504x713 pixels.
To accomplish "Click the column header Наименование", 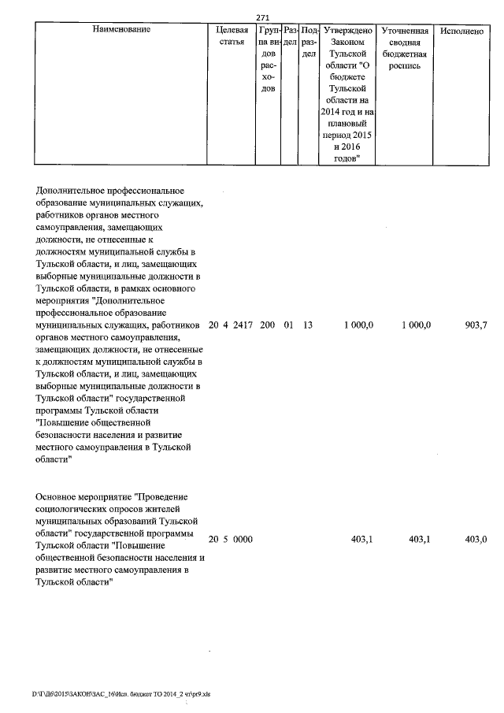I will [x=121, y=30].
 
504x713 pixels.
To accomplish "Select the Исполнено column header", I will [x=461, y=30].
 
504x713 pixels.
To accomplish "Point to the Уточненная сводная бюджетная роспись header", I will [x=404, y=47].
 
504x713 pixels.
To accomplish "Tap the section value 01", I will [x=288, y=325].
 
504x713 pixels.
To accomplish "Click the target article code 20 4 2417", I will [x=230, y=325].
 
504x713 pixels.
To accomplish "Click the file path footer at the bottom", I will [x=121, y=695].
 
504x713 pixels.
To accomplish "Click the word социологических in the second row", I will [x=72, y=509].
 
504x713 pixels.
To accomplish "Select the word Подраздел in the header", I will [x=309, y=41].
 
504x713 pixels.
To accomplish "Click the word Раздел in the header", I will [x=289, y=35].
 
